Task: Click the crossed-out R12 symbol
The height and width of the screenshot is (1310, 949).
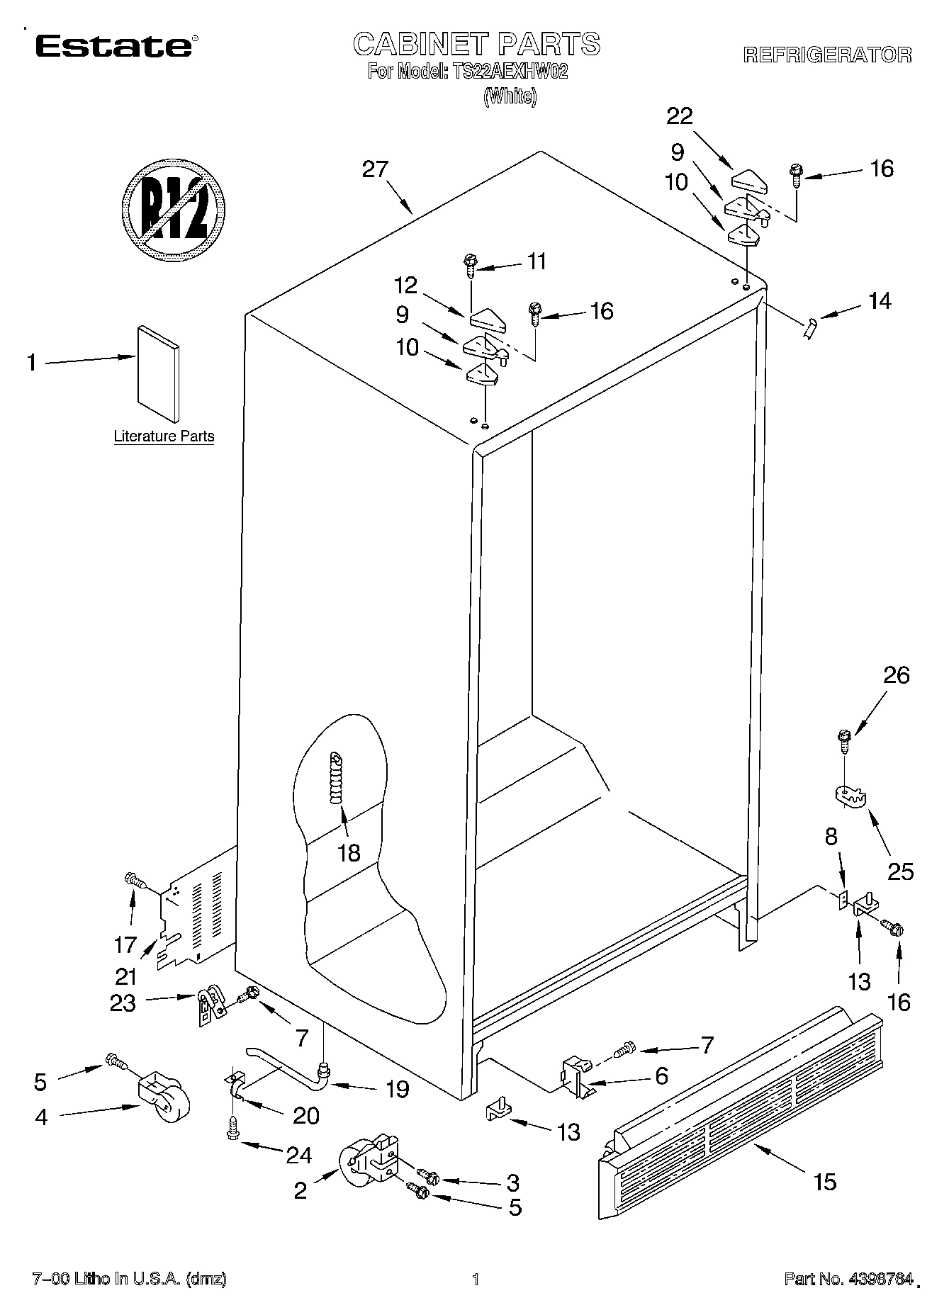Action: point(174,210)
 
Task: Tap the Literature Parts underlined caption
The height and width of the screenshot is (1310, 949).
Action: point(164,436)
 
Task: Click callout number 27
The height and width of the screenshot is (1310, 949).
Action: point(376,169)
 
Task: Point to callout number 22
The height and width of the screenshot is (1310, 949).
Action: point(679,115)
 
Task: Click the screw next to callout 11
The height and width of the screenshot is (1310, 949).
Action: point(469,266)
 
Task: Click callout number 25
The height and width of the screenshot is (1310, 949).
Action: point(900,871)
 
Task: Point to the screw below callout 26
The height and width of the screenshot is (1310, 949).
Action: point(844,742)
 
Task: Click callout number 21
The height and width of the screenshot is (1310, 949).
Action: point(126,977)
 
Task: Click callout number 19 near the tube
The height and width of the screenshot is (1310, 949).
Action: point(398,1089)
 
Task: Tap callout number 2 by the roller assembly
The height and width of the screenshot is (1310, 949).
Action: point(301,1191)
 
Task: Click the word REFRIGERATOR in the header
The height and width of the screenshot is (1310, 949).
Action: point(827,55)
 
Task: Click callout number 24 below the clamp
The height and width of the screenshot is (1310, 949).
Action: point(298,1156)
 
